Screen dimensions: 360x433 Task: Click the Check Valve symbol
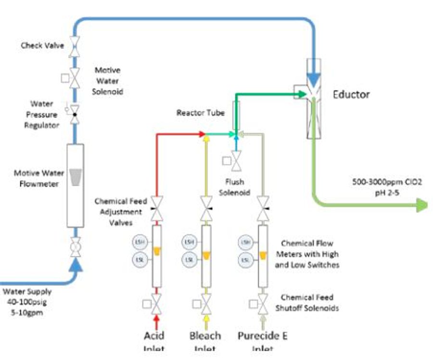click(x=75, y=47)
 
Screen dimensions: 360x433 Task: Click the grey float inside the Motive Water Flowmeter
click(x=76, y=177)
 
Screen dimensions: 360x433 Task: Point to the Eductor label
click(x=351, y=94)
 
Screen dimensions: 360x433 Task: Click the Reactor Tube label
click(x=200, y=113)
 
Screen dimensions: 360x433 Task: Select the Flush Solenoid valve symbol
click(x=236, y=161)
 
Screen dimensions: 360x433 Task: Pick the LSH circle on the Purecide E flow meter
click(x=246, y=242)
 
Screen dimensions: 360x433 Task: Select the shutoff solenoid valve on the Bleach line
click(x=206, y=303)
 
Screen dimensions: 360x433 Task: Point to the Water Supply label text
click(x=27, y=292)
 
